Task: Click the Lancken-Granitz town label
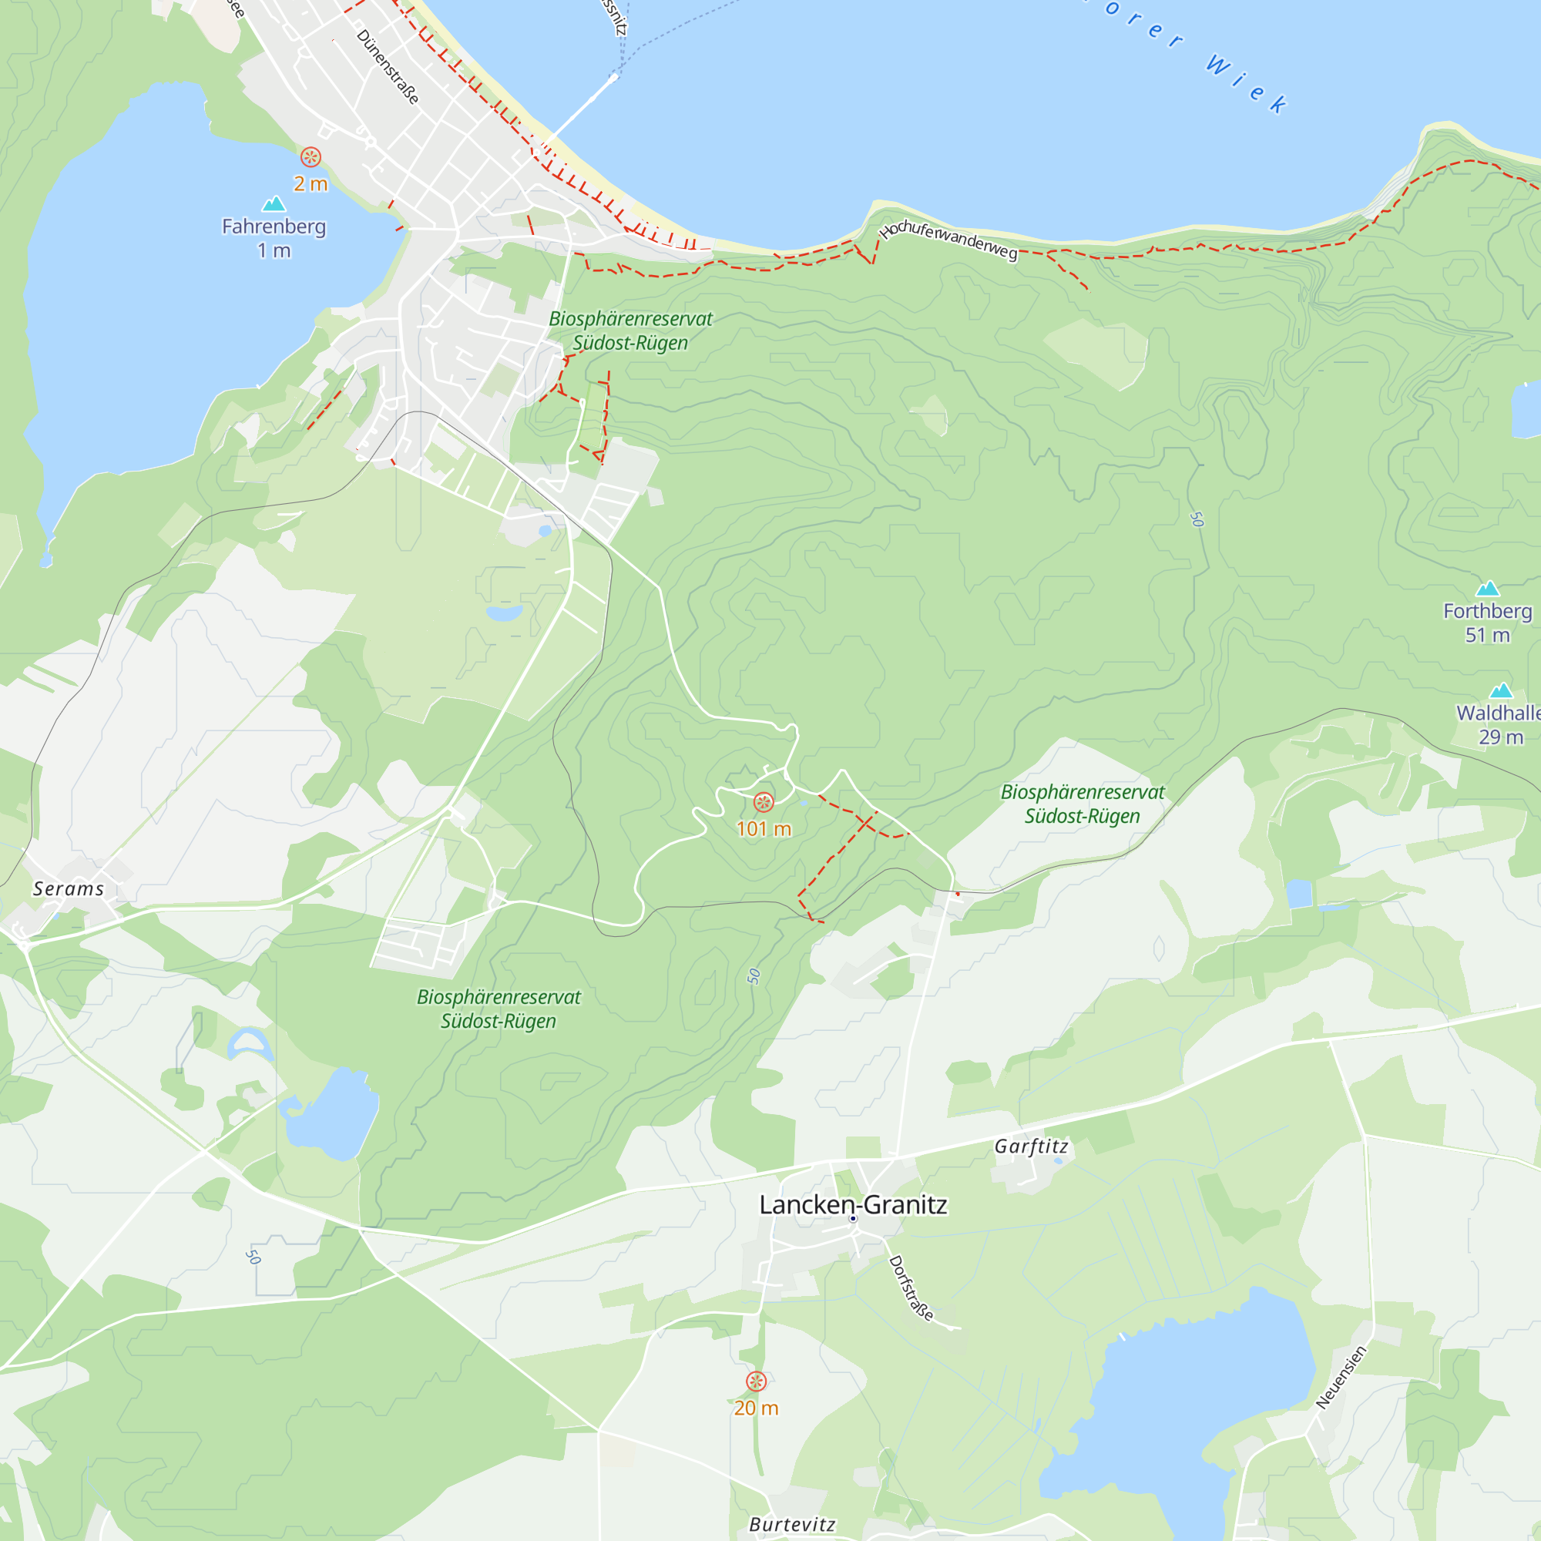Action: coord(853,1204)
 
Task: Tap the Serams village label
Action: coord(69,888)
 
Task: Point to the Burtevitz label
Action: coord(792,1524)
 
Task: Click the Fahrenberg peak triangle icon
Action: coord(274,204)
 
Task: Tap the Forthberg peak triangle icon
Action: coord(1488,589)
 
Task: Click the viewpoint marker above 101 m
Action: coord(764,802)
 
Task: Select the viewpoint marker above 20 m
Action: coord(756,1382)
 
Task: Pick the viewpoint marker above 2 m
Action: coord(311,156)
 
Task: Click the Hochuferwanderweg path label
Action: coord(948,240)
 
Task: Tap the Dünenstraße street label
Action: coord(388,67)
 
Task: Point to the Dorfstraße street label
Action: coord(910,1288)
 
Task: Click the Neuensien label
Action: coord(1341,1377)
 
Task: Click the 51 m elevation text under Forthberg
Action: coord(1488,635)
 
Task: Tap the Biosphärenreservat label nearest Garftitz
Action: coord(1083,804)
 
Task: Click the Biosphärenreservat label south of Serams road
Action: coord(499,1009)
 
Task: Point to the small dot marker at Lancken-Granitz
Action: coord(853,1219)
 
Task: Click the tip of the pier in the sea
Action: coord(614,76)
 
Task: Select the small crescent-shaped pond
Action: coord(249,1042)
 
